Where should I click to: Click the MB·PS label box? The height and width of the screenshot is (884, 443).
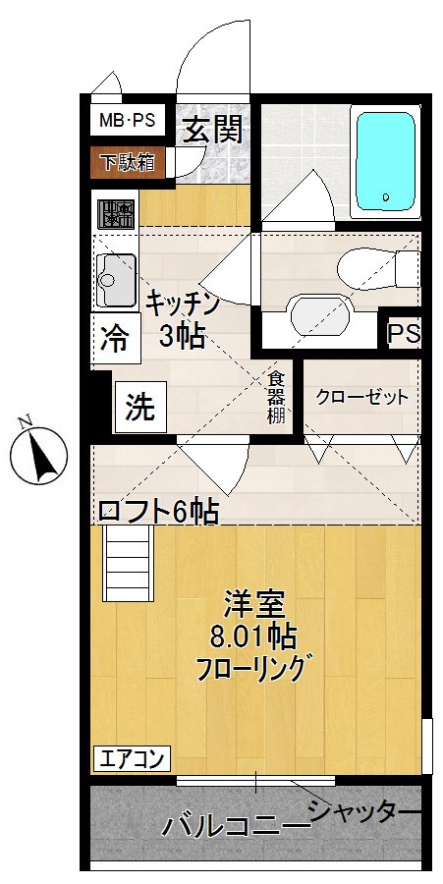[x=124, y=123]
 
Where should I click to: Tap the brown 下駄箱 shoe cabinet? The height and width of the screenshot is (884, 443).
[x=126, y=162]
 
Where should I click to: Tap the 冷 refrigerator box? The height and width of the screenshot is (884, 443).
[x=113, y=340]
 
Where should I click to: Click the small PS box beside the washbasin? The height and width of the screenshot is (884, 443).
[x=402, y=334]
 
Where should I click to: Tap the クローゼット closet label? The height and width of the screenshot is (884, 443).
[x=360, y=398]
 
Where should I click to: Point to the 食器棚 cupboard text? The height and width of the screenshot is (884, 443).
[x=277, y=397]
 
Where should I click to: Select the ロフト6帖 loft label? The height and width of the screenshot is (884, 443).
[x=157, y=511]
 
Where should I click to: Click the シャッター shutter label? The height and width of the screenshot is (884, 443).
[x=364, y=811]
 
